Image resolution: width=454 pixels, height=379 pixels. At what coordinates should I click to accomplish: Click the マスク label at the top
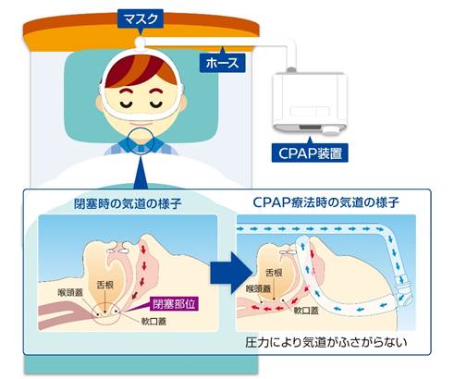click(141, 18)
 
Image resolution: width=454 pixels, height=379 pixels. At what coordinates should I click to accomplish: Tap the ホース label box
click(222, 63)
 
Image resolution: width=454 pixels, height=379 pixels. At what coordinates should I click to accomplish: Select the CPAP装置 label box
click(310, 153)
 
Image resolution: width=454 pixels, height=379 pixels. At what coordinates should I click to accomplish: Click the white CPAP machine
click(310, 103)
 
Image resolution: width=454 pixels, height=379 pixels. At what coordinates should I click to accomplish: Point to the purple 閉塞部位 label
click(174, 303)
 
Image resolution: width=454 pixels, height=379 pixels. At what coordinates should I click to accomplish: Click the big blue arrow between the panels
click(231, 273)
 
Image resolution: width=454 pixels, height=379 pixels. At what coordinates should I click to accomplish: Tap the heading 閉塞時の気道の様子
click(128, 203)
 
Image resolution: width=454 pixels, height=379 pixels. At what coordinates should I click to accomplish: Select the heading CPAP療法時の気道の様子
click(325, 202)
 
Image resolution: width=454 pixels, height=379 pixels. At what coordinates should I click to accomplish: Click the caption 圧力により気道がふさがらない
click(326, 342)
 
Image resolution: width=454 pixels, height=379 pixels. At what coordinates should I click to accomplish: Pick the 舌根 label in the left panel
click(105, 285)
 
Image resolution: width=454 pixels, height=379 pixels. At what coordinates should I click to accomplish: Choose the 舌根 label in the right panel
click(274, 273)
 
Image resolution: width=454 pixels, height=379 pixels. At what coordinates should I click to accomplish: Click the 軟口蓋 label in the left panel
click(153, 322)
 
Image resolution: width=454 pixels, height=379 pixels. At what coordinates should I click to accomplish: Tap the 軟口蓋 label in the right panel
click(306, 311)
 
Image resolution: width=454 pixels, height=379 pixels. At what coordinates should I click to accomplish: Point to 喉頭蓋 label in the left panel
click(70, 292)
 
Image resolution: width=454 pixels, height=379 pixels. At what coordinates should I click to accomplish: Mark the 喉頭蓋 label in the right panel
click(258, 288)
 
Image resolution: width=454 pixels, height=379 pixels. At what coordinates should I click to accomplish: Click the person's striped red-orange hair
click(141, 71)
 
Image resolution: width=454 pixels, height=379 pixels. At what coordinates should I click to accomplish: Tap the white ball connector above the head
click(141, 43)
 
